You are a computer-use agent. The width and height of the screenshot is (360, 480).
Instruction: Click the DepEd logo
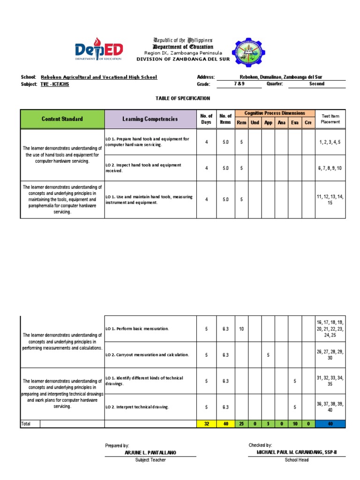(x=99, y=49)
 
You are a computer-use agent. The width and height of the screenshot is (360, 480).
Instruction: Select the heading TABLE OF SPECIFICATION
(x=183, y=98)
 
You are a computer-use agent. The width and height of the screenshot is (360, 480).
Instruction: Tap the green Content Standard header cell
(x=62, y=119)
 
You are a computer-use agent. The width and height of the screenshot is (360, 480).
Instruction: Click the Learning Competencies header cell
(x=150, y=119)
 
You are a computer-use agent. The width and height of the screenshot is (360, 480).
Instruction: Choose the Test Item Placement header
(x=330, y=119)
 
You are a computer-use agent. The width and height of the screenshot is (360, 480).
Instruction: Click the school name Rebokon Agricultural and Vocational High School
(x=99, y=77)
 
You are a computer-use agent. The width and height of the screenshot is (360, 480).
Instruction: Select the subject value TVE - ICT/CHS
(x=55, y=84)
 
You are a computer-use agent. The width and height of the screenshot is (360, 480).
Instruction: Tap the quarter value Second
(x=316, y=84)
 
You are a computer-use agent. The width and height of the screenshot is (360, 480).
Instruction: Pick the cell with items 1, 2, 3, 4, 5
(x=330, y=142)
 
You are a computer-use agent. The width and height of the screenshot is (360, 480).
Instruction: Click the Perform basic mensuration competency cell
(x=150, y=329)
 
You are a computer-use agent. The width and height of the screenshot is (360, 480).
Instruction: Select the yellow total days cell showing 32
(x=206, y=424)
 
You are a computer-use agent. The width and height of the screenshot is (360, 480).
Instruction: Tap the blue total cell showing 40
(x=330, y=424)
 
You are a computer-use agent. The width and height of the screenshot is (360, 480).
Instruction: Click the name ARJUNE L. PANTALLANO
(x=150, y=452)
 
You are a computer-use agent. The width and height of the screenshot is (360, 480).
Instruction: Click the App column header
(x=268, y=123)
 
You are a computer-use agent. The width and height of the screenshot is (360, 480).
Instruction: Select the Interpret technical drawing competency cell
(x=150, y=407)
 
